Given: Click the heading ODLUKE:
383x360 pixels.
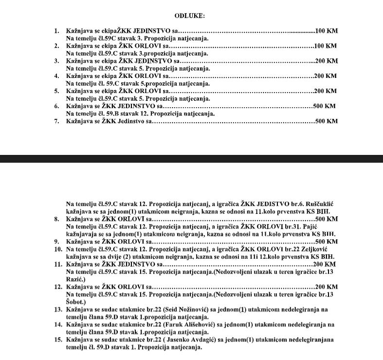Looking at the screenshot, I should (189, 16).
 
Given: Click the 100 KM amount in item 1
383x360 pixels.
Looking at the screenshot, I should (327, 31).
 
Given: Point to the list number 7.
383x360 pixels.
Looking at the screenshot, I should (56, 121).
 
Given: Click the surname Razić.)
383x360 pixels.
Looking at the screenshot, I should (77, 279).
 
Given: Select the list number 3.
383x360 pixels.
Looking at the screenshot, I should (56, 61).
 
